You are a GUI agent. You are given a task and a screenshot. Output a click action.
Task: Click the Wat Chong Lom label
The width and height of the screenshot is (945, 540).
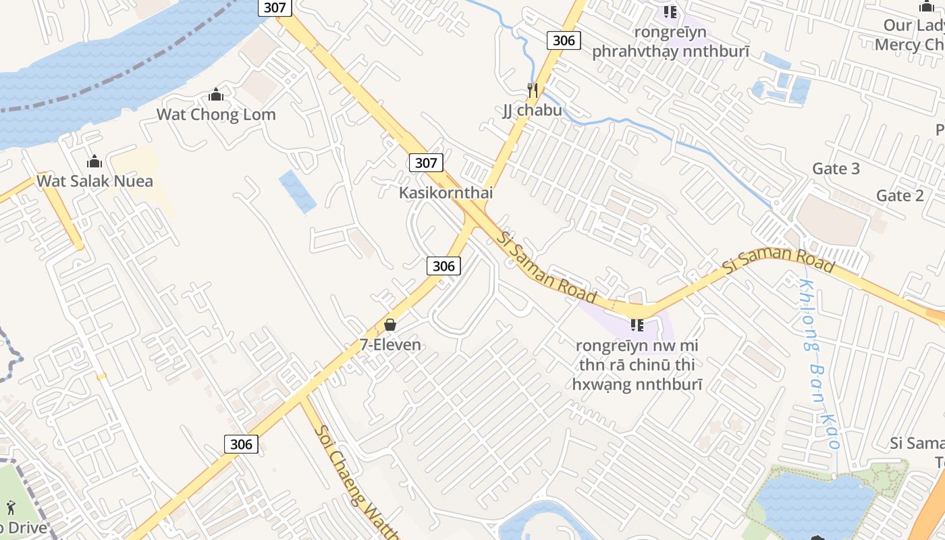point(216,114)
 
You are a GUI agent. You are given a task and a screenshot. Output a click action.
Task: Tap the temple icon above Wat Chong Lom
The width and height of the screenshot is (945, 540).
point(216,95)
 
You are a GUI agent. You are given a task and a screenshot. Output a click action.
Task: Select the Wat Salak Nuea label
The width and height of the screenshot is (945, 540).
point(94,181)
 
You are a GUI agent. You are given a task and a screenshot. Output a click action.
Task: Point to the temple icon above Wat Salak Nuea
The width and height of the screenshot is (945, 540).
point(94,161)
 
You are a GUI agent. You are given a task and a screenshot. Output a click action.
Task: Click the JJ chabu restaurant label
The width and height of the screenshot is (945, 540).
point(532,110)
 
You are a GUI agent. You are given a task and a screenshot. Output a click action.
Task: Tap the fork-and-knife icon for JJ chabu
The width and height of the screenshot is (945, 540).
point(533,90)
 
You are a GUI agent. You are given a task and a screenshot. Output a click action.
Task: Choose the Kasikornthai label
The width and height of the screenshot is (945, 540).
point(446,192)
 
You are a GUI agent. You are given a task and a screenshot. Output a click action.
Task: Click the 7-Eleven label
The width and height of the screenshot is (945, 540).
point(390,345)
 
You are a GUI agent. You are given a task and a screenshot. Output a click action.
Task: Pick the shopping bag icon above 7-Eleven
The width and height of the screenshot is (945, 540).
point(390,325)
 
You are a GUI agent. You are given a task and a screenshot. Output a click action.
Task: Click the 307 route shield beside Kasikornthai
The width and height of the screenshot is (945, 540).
point(426,163)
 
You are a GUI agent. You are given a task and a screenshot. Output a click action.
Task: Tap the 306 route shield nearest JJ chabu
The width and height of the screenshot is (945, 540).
point(564,40)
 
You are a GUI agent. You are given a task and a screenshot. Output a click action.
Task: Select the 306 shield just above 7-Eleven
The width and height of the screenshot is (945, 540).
point(443,266)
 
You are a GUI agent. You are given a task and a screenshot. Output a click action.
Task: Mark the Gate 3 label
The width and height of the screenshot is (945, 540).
point(836,168)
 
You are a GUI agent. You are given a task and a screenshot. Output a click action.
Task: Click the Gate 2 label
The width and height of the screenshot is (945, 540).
point(900,196)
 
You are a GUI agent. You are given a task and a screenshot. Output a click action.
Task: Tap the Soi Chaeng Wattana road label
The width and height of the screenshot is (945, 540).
point(354,483)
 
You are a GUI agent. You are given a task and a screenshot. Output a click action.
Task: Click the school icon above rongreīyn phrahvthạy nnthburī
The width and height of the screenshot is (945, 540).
point(670,12)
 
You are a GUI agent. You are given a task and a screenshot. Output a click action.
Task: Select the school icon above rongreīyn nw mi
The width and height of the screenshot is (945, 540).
point(637,325)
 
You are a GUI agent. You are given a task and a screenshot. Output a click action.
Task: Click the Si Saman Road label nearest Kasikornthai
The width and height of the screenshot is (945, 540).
point(547,267)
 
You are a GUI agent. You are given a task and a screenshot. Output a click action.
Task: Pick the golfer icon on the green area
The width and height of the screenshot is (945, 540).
point(11,506)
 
